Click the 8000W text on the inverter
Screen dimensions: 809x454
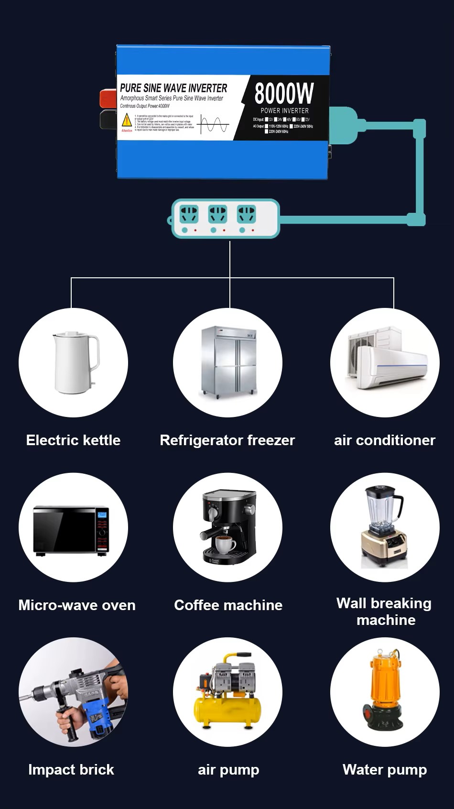click(284, 93)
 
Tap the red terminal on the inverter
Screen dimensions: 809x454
click(108, 98)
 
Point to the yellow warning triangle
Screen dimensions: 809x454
click(127, 120)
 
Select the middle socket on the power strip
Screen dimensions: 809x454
click(217, 214)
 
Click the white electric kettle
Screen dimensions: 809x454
click(75, 362)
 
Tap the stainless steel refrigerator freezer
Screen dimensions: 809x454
click(228, 362)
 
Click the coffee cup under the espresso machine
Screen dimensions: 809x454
click(225, 544)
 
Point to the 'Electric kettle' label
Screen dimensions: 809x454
click(73, 440)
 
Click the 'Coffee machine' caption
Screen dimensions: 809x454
click(228, 605)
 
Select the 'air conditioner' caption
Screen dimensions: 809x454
click(385, 440)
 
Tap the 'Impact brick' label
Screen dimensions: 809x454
click(71, 770)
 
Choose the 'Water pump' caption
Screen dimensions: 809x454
click(385, 770)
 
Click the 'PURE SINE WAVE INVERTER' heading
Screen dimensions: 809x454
click(173, 88)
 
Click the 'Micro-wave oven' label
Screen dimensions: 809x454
click(77, 605)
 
